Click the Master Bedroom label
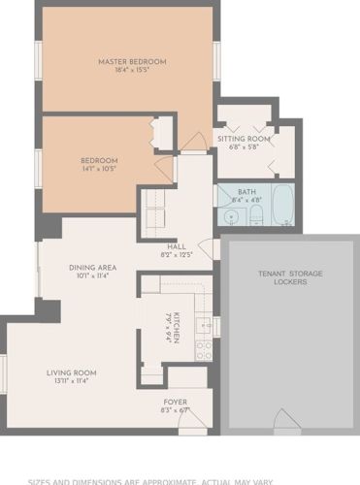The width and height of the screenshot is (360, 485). (132, 62)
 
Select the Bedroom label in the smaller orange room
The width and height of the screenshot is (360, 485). (98, 160)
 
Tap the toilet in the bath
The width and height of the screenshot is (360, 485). (258, 216)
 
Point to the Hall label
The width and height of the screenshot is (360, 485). (177, 246)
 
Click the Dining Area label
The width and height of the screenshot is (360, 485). (92, 267)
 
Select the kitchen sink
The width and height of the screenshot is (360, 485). (205, 325)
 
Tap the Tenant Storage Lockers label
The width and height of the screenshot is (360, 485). (290, 277)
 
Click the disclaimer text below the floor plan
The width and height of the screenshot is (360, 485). (180, 480)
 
